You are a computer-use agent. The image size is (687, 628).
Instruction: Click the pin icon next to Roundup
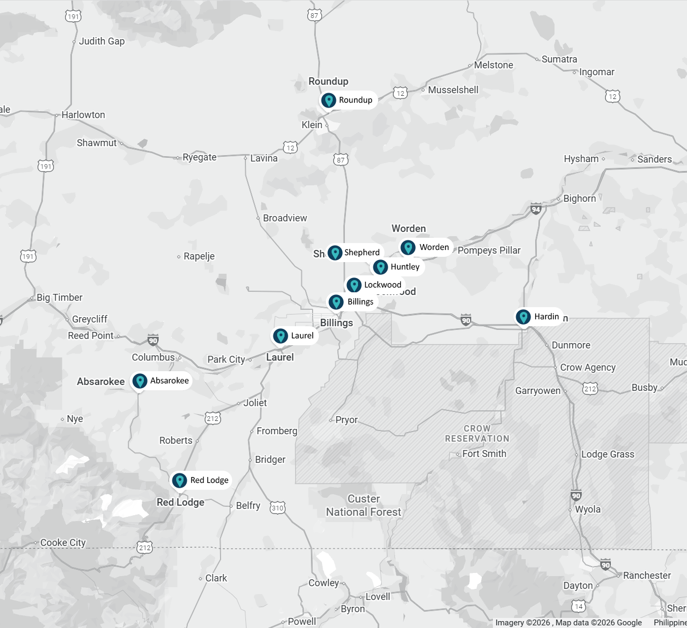[329, 100]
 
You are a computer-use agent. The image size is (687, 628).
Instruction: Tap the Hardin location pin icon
[523, 317]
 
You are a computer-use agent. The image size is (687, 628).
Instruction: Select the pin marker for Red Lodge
[180, 480]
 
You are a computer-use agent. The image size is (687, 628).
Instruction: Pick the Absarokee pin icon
[140, 381]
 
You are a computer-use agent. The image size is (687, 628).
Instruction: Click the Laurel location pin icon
[280, 336]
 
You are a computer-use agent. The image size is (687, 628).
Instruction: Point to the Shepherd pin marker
[335, 253]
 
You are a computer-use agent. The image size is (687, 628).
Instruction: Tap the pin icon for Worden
[408, 247]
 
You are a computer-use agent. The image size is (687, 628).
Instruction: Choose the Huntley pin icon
[381, 267]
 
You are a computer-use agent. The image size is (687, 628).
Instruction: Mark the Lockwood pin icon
[354, 285]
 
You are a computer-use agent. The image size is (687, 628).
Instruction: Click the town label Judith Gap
[102, 41]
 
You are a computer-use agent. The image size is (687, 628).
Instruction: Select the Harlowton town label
[83, 115]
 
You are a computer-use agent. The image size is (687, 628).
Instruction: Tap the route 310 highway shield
[278, 508]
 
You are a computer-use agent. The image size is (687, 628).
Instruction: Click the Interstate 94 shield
[536, 209]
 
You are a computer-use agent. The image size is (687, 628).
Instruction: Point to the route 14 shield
[579, 606]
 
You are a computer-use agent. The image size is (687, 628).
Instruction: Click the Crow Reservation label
[477, 434]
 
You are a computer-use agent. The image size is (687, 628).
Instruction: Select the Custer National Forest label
[364, 506]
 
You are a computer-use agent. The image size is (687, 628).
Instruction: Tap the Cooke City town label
[63, 543]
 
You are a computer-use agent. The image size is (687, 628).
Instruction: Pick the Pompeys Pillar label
[489, 250]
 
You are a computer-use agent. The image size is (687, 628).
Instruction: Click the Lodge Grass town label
[608, 454]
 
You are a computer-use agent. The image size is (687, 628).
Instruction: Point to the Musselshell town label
[453, 90]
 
